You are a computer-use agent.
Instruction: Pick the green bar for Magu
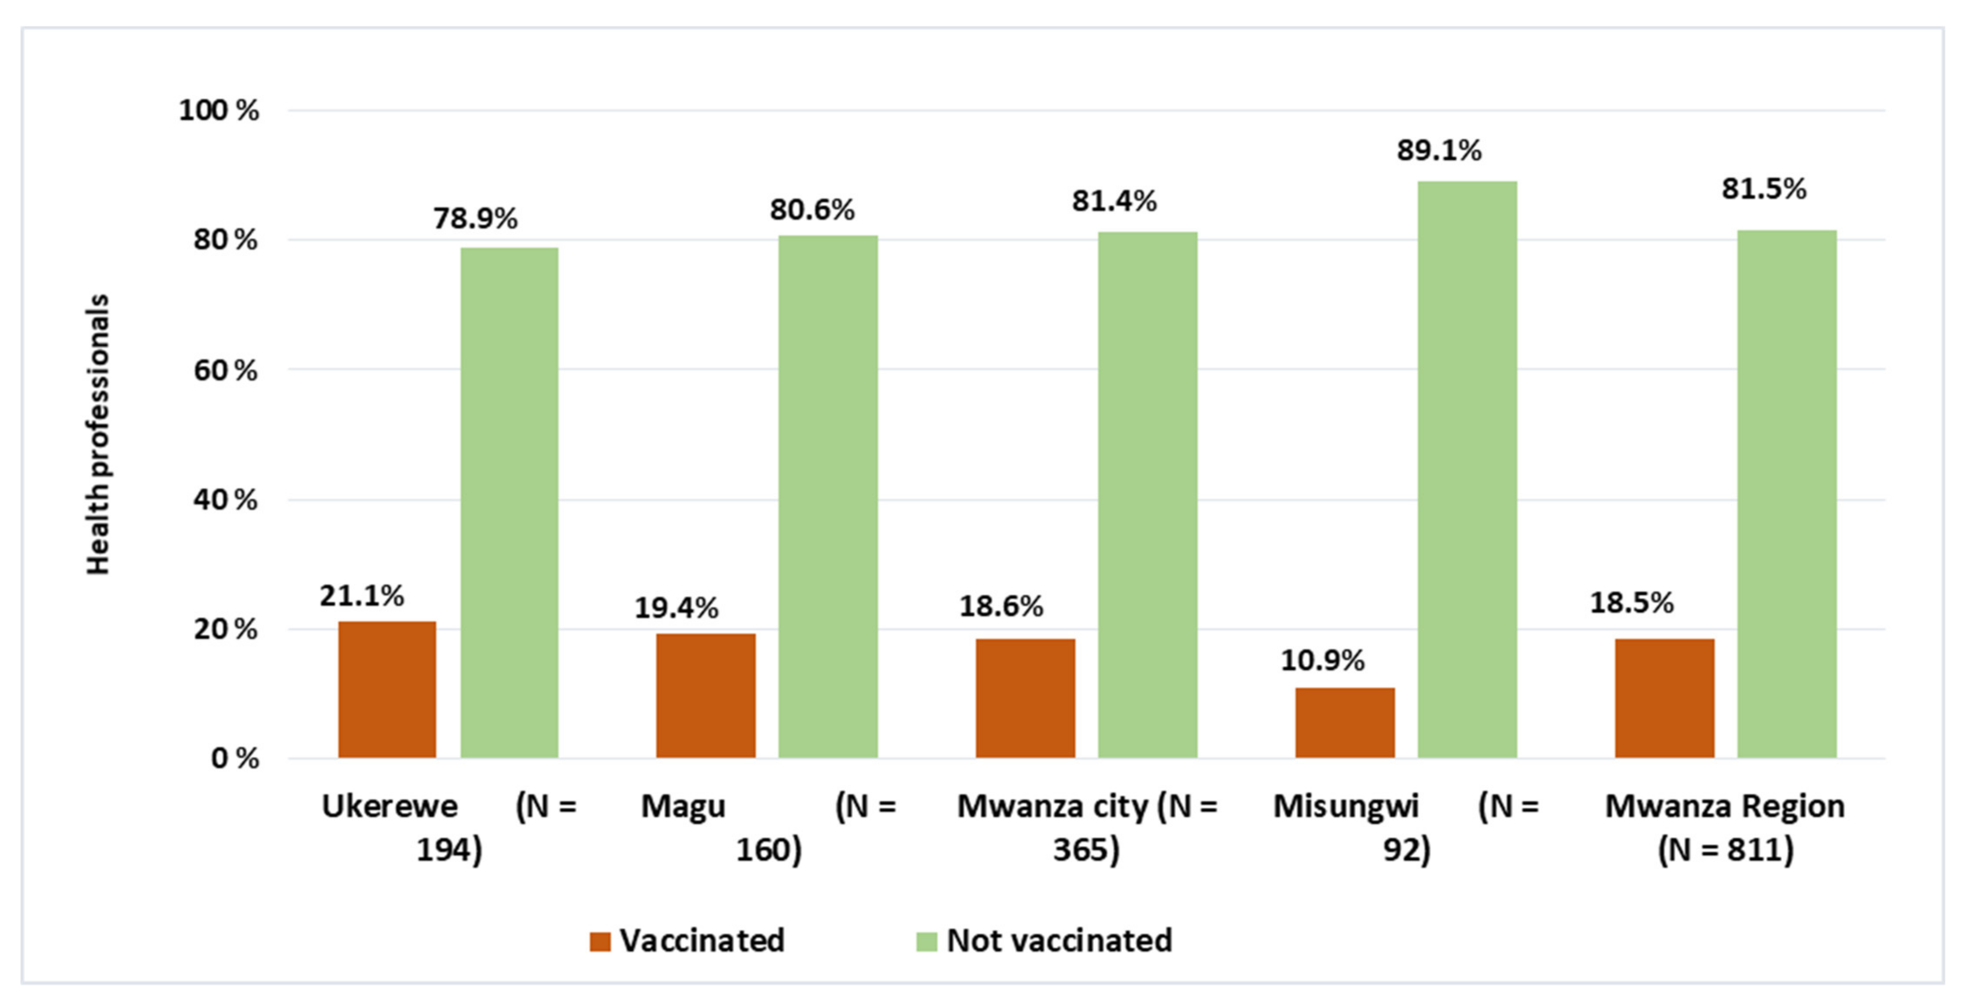(x=828, y=496)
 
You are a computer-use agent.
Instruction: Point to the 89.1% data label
(x=1439, y=151)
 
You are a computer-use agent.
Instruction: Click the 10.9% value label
(x=1322, y=660)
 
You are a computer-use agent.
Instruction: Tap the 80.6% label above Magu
(x=812, y=209)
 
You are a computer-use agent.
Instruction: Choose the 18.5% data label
(x=1631, y=603)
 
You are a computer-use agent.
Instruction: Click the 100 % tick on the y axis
(x=218, y=111)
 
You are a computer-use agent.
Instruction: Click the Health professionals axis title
(x=98, y=434)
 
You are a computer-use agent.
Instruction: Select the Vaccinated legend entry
(x=687, y=941)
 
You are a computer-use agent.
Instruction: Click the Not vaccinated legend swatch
(x=926, y=941)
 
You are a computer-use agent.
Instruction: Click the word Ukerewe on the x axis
(x=389, y=806)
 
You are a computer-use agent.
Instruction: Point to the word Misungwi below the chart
(x=1345, y=806)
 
